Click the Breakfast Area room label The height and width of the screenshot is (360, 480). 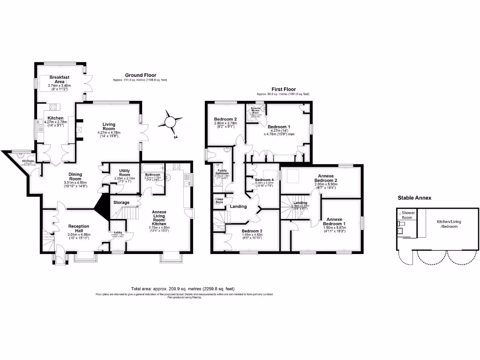click(60, 79)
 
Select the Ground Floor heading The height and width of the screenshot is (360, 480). click(140, 75)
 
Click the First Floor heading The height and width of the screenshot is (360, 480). click(284, 89)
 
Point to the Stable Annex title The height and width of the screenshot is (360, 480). click(414, 198)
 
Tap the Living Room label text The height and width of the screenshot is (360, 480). click(109, 126)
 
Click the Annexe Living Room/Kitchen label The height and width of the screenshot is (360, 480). click(163, 218)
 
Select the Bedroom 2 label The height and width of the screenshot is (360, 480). click(225, 120)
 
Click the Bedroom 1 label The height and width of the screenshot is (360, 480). click(279, 127)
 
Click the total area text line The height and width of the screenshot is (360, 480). click(183, 289)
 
